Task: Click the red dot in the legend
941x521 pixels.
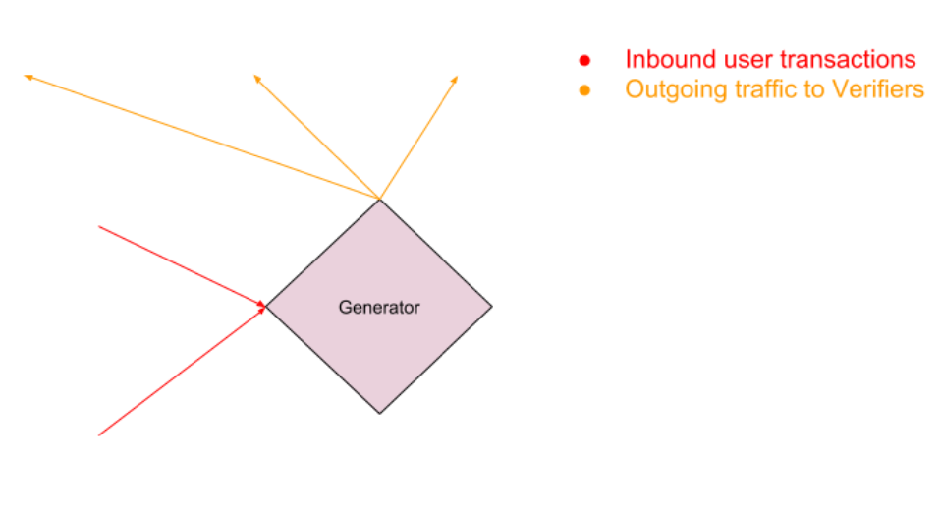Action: (584, 61)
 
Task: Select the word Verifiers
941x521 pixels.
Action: (877, 89)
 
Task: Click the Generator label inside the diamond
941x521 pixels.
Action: (379, 308)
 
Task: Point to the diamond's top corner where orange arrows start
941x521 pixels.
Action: (380, 200)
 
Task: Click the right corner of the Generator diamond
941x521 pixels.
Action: (491, 307)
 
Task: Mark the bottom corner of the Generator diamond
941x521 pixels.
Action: (380, 413)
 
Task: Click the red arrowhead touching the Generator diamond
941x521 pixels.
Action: (262, 307)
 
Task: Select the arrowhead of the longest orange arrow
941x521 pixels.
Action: (27, 75)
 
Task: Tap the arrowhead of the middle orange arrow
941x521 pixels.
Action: (255, 76)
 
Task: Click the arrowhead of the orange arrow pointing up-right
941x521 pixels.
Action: (456, 78)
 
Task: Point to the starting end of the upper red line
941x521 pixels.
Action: (99, 227)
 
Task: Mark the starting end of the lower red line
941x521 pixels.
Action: (99, 434)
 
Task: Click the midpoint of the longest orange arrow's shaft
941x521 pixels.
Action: (202, 137)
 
